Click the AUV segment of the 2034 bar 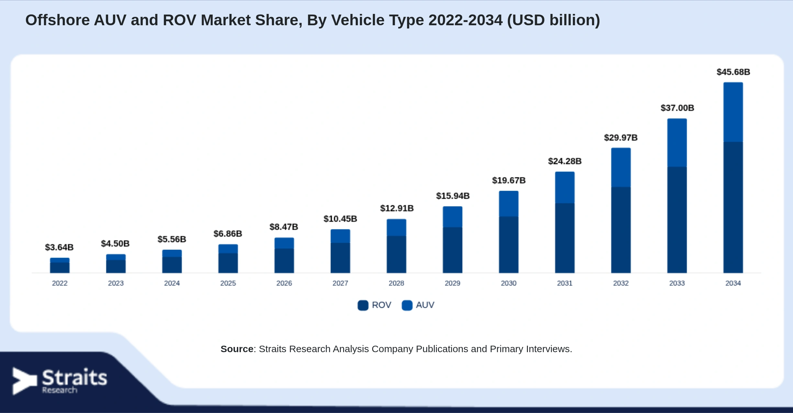click(733, 112)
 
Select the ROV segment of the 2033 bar click(677, 220)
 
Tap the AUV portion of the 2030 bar click(508, 204)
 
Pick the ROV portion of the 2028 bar click(396, 254)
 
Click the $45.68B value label click(733, 72)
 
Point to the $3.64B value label click(59, 247)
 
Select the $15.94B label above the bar click(452, 196)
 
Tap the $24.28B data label click(564, 161)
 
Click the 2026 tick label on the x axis click(284, 283)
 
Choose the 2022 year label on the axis click(60, 283)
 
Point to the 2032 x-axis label click(621, 283)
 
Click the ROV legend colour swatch click(363, 305)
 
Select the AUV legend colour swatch click(407, 305)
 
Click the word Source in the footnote click(237, 349)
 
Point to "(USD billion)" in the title click(553, 20)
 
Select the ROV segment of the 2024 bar click(172, 265)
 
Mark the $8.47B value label click(284, 227)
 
